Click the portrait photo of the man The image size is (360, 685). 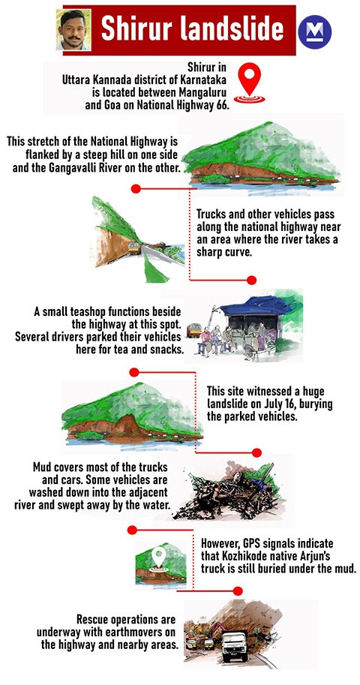[73, 29]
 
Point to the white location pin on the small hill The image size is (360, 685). [158, 557]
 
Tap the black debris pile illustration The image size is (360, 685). [232, 495]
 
